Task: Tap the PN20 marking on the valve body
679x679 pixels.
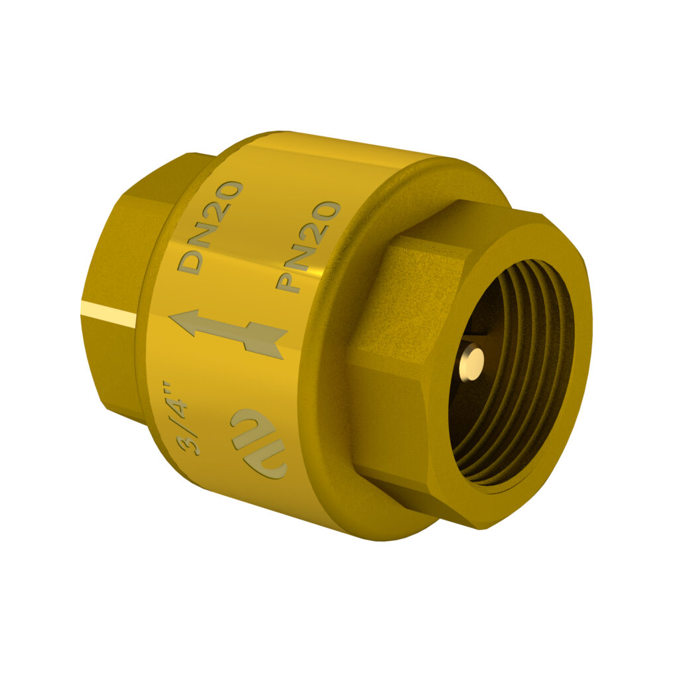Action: coord(307,247)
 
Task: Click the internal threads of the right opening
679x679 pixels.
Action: coord(530,424)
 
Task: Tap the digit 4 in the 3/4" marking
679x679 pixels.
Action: coord(180,409)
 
